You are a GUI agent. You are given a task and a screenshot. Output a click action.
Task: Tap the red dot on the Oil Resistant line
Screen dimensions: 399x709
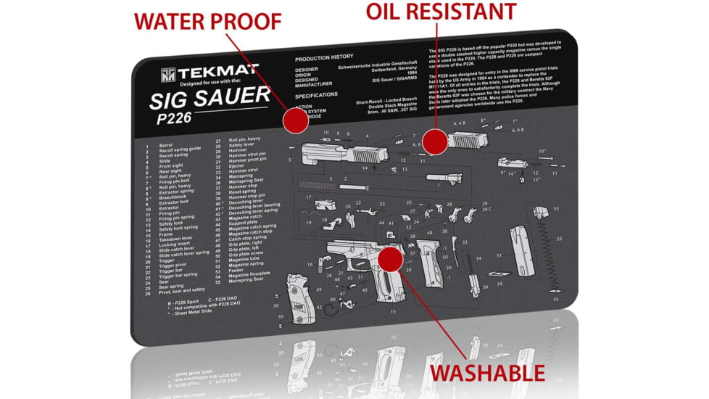pyautogui.click(x=434, y=142)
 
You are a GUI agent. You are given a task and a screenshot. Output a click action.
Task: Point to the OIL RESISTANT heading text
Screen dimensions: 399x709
pyautogui.click(x=441, y=12)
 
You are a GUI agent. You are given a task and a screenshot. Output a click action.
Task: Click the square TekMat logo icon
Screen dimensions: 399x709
pyautogui.click(x=169, y=75)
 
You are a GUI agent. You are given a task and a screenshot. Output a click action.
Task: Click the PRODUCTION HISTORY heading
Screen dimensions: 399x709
pyautogui.click(x=324, y=57)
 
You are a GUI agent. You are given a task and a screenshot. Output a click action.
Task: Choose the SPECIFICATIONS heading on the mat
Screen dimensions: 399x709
pyautogui.click(x=316, y=95)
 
